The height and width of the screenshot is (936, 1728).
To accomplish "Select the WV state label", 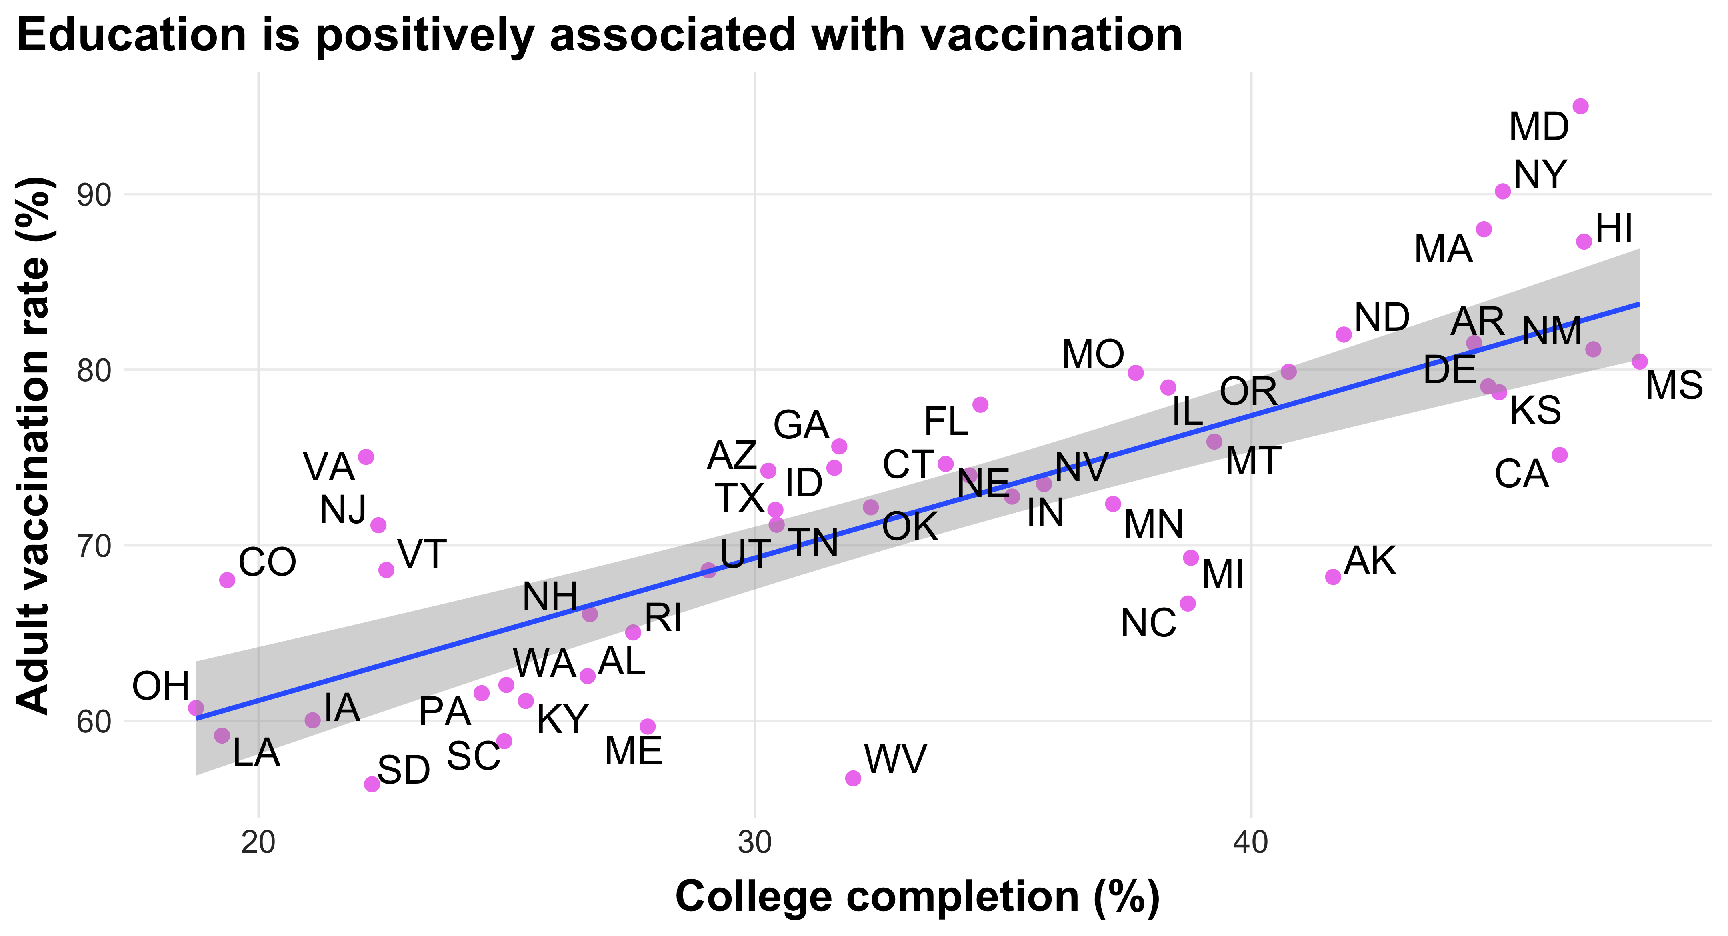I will coord(895,760).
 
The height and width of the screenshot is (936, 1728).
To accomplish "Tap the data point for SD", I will coord(372,784).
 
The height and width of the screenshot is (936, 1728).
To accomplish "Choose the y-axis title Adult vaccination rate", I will coord(34,446).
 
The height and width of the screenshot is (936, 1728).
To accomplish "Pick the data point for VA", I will coord(366,457).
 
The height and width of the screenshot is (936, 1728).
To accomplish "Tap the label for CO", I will coord(267,562).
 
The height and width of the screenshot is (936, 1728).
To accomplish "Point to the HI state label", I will coord(1614,229).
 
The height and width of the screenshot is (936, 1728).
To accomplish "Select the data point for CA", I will coord(1560,455).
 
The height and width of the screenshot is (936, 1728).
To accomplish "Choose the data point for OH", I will coord(196,708).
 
